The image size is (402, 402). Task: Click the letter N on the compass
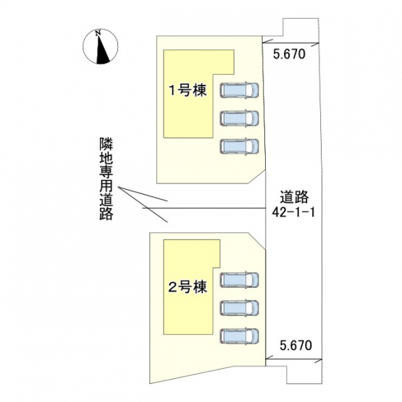tap(98, 33)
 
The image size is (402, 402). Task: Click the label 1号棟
tap(188, 91)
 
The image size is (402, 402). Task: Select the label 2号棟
tap(188, 287)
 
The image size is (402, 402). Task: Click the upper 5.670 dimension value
tap(289, 54)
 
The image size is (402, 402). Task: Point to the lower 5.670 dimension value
tap(296, 346)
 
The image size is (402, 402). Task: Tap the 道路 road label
tap(294, 197)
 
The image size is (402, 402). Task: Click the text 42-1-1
tap(293, 212)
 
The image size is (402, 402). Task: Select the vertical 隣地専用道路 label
tap(106, 179)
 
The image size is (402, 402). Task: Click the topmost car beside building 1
tap(239, 90)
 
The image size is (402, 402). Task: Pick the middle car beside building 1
tap(239, 118)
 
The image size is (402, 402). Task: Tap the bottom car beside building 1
tap(239, 146)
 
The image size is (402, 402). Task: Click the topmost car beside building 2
tap(239, 280)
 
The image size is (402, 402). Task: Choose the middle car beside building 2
tap(239, 307)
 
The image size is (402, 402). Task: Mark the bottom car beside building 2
tap(239, 335)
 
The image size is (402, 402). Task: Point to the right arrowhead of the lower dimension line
tap(318, 361)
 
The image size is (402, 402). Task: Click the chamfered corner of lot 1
tap(256, 177)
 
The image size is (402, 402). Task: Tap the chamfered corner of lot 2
tap(256, 240)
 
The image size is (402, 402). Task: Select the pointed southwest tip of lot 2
tap(150, 383)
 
